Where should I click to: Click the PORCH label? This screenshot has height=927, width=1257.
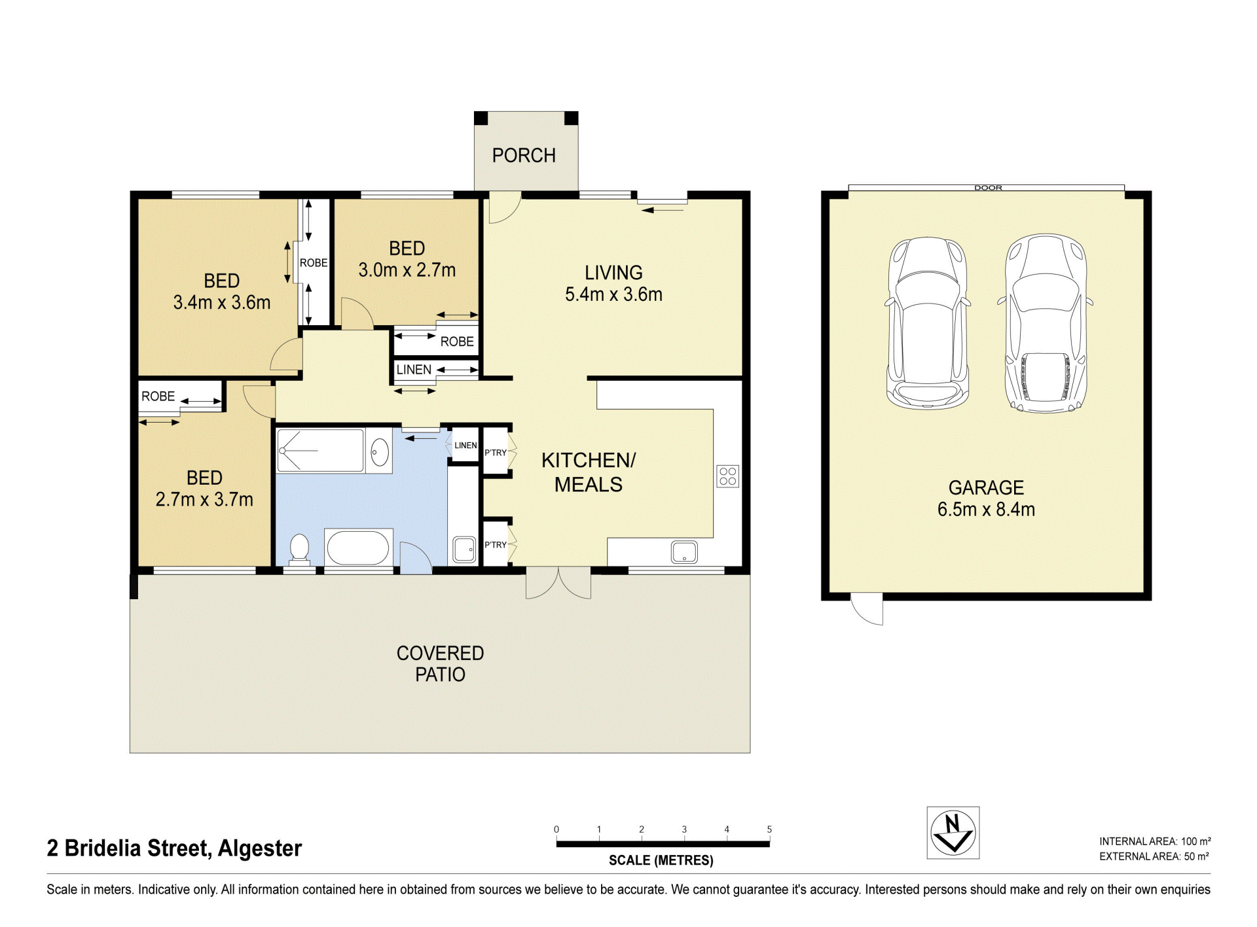[524, 156]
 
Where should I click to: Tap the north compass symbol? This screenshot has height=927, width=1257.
[953, 833]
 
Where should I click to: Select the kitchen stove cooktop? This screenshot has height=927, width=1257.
[728, 476]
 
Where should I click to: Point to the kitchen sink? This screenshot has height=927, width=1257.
[684, 552]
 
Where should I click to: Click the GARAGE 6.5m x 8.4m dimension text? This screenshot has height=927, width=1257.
[986, 498]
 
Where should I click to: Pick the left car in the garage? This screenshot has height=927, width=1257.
[928, 323]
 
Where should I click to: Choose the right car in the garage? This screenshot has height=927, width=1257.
[1046, 324]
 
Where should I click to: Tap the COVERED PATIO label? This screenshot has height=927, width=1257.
[440, 663]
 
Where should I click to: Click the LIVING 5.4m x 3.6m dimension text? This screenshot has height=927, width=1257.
[613, 283]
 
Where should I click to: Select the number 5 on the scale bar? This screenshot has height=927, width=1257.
[769, 830]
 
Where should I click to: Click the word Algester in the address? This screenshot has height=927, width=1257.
[259, 848]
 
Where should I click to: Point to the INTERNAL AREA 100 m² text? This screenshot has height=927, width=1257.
[1155, 841]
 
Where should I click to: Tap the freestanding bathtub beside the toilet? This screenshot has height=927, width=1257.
[358, 548]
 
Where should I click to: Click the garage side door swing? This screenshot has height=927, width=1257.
[866, 609]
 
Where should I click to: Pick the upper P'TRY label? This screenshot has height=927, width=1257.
[496, 453]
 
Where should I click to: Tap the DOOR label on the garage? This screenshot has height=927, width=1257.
[988, 188]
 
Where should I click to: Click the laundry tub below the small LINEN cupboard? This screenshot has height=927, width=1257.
[465, 550]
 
